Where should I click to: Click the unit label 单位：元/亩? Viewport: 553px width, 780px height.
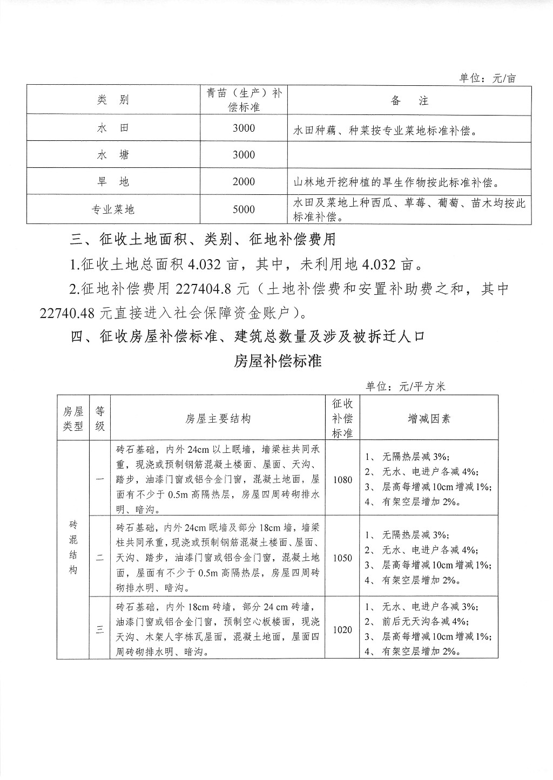(x=488, y=78)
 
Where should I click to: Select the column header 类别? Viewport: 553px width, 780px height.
(x=113, y=100)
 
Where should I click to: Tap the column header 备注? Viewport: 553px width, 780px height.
(x=409, y=100)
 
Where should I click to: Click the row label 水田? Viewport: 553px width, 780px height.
(x=113, y=128)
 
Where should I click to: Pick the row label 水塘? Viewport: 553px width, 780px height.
(x=113, y=155)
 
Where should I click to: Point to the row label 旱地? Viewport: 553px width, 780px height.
(x=113, y=182)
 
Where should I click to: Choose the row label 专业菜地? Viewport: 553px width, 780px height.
(x=113, y=209)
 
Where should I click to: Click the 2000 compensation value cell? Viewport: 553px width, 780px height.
(x=244, y=182)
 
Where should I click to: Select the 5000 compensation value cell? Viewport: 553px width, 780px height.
(x=244, y=209)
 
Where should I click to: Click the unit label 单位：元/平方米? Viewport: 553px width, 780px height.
(x=405, y=386)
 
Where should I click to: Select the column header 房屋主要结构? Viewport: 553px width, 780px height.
(x=218, y=419)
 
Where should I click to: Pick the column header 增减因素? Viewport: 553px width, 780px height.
(x=429, y=419)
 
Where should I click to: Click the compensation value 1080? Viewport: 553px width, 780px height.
(x=342, y=479)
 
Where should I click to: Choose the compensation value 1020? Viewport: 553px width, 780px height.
(x=342, y=629)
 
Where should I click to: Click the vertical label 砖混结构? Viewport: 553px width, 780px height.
(x=73, y=547)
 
